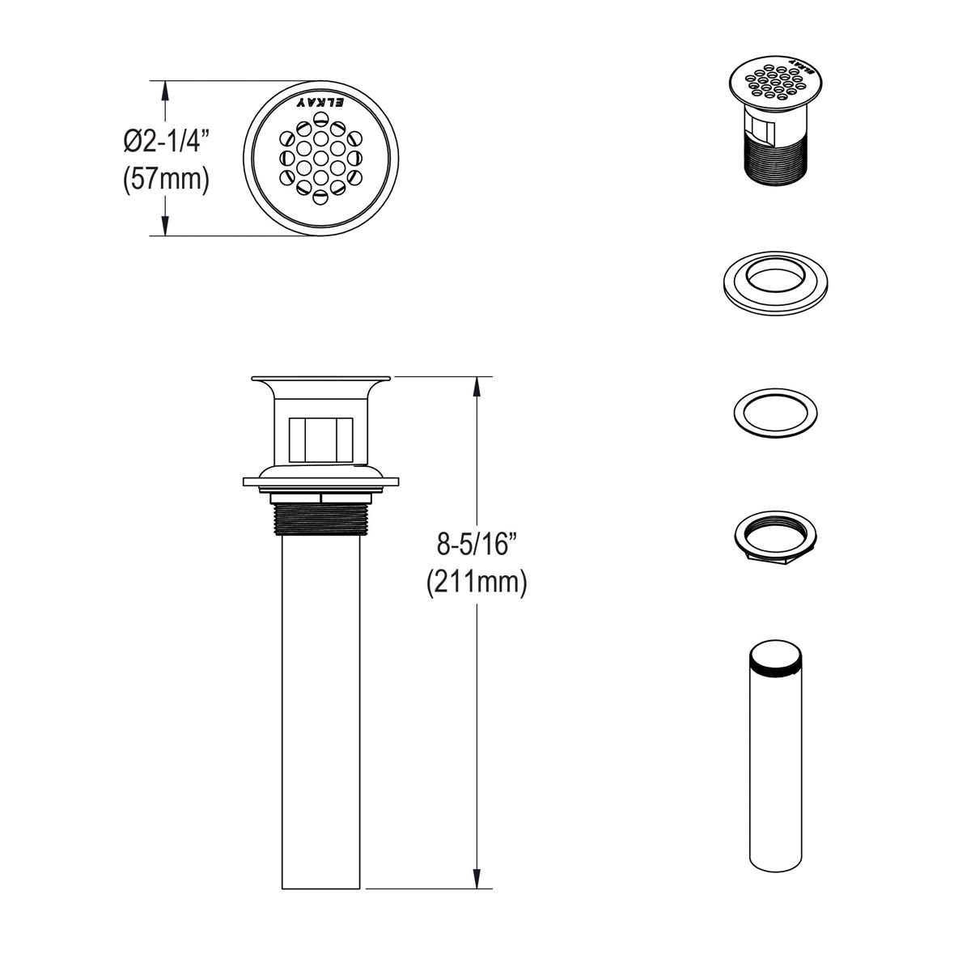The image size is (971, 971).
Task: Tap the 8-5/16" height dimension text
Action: tap(477, 545)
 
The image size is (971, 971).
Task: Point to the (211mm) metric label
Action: tap(477, 582)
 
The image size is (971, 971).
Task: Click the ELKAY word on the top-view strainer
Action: tap(321, 103)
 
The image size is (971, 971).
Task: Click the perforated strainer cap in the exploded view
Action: tap(776, 81)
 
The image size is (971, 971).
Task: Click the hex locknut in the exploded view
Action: tap(775, 536)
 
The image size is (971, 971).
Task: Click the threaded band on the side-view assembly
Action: tap(321, 519)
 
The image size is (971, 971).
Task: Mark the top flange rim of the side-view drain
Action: tap(321, 378)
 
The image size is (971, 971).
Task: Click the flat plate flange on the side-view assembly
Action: tap(321, 482)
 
